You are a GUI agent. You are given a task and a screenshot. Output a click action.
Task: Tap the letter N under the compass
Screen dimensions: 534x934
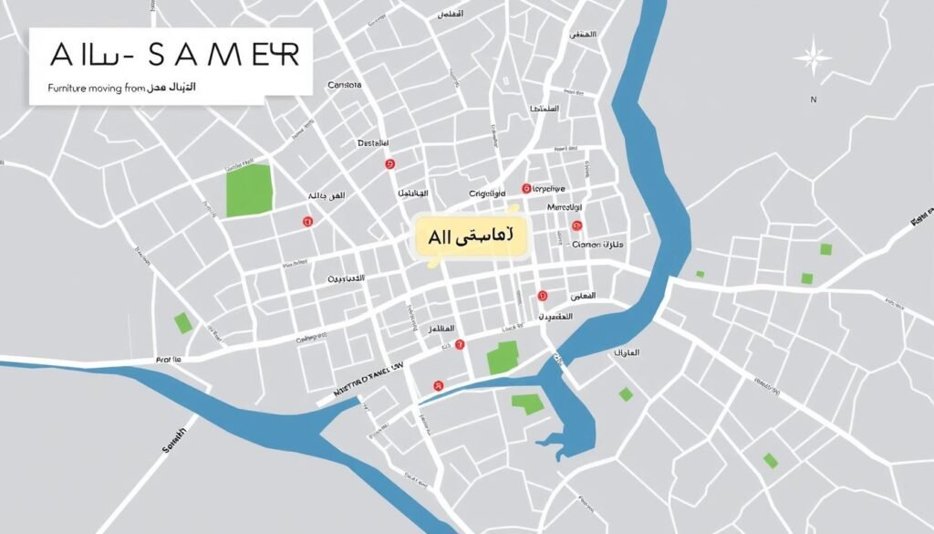pyautogui.click(x=813, y=99)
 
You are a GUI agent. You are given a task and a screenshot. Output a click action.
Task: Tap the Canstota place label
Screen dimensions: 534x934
pyautogui.click(x=344, y=85)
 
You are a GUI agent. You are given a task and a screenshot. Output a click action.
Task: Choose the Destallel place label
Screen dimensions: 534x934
pyautogui.click(x=372, y=143)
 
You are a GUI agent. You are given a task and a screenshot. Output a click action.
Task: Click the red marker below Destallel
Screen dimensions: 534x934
pyautogui.click(x=390, y=163)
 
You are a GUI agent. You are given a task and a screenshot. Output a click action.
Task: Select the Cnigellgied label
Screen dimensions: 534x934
pyautogui.click(x=487, y=194)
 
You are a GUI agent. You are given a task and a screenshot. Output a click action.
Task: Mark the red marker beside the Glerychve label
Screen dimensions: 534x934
pyautogui.click(x=526, y=189)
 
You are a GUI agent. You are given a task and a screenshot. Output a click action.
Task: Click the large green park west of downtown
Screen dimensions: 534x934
pyautogui.click(x=249, y=190)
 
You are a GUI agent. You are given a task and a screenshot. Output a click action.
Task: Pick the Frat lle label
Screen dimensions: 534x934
pyautogui.click(x=169, y=360)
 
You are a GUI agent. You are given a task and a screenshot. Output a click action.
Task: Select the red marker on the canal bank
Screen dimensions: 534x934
pyautogui.click(x=439, y=386)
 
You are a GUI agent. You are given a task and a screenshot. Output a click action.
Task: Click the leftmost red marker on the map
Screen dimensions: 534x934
pyautogui.click(x=307, y=221)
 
